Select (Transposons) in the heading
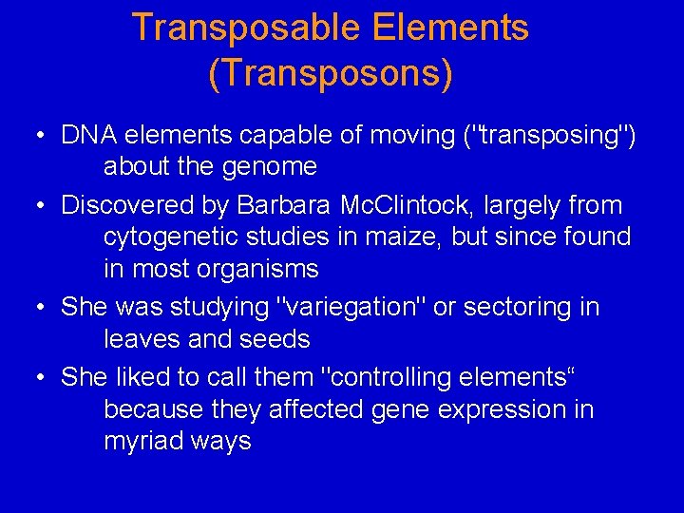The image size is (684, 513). tap(330, 72)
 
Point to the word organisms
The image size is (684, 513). tap(258, 270)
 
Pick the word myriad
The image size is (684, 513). tap(145, 441)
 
